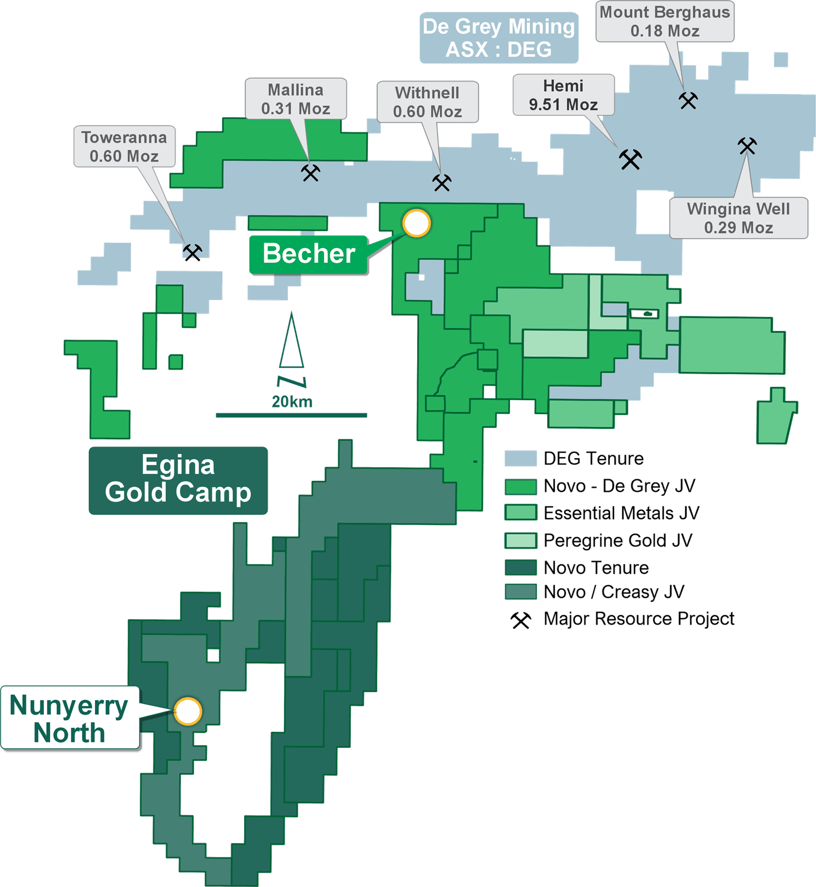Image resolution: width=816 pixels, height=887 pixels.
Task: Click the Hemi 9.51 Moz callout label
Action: [x=563, y=95]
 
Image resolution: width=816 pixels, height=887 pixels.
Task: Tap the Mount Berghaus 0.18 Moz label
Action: [x=665, y=21]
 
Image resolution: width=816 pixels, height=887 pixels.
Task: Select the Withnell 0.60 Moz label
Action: [x=427, y=102]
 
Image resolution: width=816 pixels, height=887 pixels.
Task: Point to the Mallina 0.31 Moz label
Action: [x=295, y=98]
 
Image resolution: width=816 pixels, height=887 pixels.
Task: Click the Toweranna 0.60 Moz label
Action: [x=124, y=146]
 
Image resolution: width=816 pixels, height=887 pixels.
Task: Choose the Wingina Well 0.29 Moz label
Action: [x=738, y=218]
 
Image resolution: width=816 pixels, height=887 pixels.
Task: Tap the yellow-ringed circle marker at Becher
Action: [x=416, y=223]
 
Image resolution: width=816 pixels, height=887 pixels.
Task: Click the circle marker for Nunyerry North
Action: [x=188, y=711]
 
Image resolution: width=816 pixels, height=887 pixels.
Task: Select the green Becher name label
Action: [x=309, y=254]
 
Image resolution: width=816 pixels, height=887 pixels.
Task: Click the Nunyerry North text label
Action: [x=69, y=719]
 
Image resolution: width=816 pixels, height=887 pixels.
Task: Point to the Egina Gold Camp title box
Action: [x=178, y=480]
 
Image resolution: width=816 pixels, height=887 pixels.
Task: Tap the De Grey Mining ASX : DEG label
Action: [x=499, y=38]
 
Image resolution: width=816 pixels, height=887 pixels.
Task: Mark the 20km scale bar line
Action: [x=291, y=415]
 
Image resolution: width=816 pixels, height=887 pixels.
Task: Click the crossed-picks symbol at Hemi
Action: [x=630, y=159]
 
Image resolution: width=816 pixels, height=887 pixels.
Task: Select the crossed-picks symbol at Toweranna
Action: [x=192, y=252]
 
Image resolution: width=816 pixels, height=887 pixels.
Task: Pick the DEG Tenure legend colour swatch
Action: [x=520, y=459]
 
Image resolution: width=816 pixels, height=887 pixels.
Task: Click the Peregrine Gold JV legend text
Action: [x=617, y=540]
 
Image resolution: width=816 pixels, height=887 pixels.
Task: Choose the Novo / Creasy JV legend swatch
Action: [x=520, y=592]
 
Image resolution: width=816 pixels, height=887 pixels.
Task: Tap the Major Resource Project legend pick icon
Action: [x=521, y=620]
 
